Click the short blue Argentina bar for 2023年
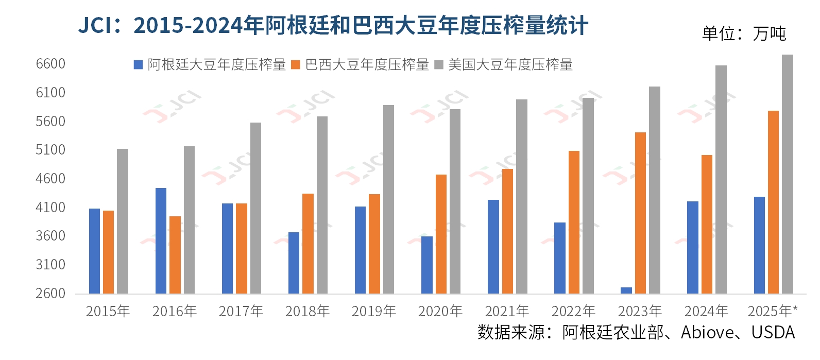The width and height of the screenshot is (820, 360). [x=626, y=290]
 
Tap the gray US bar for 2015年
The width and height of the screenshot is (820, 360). [x=123, y=221]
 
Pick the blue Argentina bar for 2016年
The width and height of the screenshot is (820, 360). [x=161, y=241]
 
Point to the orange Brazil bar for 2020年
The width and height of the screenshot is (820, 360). [x=441, y=234]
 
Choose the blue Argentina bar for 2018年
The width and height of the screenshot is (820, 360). [x=294, y=263]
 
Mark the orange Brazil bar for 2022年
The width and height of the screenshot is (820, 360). [x=574, y=222]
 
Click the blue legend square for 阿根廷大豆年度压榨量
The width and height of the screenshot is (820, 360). [x=138, y=65]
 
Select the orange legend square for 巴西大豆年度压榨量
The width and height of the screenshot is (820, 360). [x=296, y=65]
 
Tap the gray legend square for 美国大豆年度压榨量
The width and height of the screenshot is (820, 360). [x=439, y=65]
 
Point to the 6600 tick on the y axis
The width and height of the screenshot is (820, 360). [x=50, y=64]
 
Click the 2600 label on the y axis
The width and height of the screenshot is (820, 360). [x=50, y=293]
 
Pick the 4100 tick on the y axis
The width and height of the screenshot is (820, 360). [x=50, y=207]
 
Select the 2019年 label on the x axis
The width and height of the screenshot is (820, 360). [x=373, y=311]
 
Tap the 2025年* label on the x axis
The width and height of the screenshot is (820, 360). [x=772, y=311]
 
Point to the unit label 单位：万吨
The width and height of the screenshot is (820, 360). [x=744, y=33]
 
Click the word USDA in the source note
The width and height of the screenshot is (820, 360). [x=773, y=333]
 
